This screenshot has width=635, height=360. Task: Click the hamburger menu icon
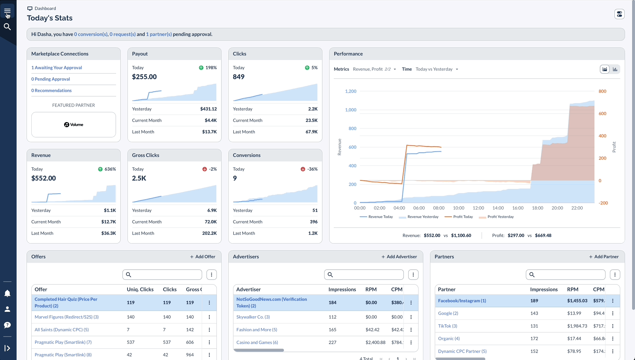coord(7,11)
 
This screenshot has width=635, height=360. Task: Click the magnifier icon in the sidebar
coord(7,27)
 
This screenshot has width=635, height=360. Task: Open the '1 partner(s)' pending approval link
coord(159,34)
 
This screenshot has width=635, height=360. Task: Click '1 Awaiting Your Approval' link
coord(56,67)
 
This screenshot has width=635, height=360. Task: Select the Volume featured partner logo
coord(73,125)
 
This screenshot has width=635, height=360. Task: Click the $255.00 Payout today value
coord(144,77)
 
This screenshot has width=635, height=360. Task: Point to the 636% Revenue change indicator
coord(107,169)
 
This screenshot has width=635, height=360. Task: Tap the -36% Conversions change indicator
coord(309,169)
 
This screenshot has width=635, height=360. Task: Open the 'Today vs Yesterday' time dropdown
coord(437,69)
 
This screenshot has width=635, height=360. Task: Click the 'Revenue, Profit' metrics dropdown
coord(374,69)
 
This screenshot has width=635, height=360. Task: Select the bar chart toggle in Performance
coord(615,69)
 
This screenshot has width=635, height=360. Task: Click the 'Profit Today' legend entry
coord(459,217)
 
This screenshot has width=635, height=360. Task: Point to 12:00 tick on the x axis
coord(478,208)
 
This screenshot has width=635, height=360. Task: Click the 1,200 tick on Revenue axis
coord(350,91)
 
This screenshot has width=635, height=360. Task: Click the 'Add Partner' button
coord(603,257)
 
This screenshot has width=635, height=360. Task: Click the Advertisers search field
coord(364,274)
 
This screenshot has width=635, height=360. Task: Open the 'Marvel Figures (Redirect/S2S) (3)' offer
coord(66,317)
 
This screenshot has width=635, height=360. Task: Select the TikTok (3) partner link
coord(447,326)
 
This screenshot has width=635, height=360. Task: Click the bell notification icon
coord(7,294)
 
